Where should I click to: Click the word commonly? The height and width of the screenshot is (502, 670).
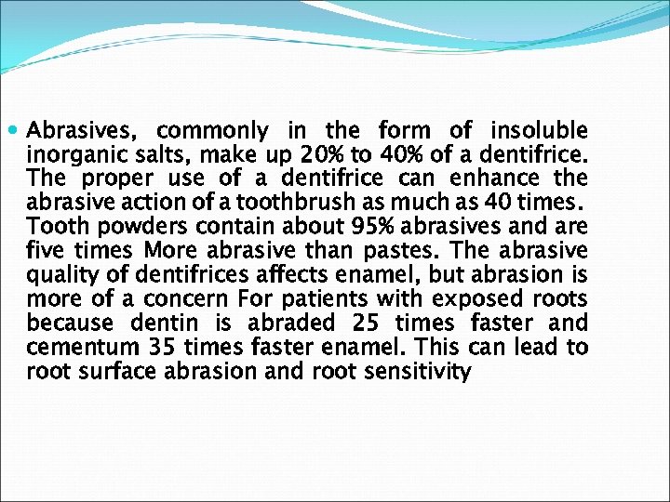tap(212, 131)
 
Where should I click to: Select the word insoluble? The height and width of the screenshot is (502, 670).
tap(539, 130)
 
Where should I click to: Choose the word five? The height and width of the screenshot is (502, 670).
tap(46, 251)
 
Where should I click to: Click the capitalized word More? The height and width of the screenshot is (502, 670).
tap(172, 251)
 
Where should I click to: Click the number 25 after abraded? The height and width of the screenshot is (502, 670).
tap(361, 324)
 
